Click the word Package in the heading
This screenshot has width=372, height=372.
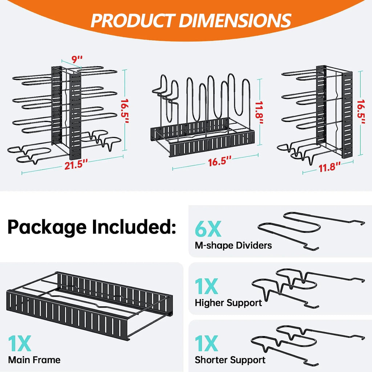tap(47, 227)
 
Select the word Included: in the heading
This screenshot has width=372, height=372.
tap(134, 227)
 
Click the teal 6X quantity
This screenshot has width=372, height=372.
tap(207, 230)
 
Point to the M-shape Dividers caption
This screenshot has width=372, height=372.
tap(233, 245)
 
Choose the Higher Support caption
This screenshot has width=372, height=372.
tap(228, 303)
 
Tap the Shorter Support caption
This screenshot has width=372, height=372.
tap(230, 360)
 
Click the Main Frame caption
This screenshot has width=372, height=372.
tap(34, 360)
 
